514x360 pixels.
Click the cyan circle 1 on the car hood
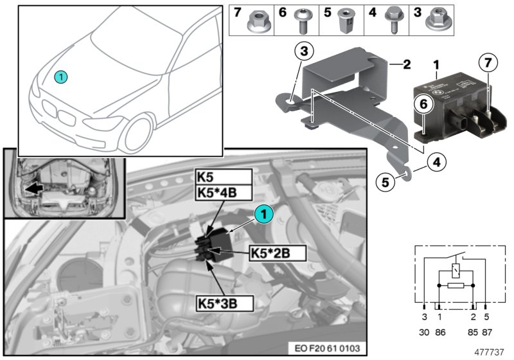(x=60, y=76)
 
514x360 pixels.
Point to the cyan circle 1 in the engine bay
(x=263, y=214)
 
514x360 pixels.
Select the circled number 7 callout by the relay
(x=488, y=64)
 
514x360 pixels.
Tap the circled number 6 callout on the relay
(x=421, y=101)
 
